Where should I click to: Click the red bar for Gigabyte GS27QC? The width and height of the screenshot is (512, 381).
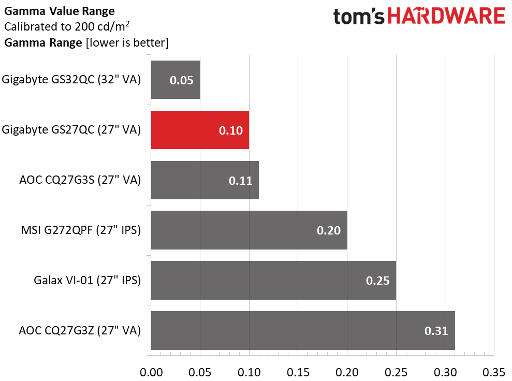tap(200, 130)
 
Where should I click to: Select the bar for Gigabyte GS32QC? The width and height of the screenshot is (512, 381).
tap(175, 80)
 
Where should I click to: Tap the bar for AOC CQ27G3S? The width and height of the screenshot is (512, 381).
tap(204, 180)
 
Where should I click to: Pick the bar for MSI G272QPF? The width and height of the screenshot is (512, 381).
tap(249, 230)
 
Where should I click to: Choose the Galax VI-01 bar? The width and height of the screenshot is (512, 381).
tap(274, 281)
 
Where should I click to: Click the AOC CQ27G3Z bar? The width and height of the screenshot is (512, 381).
tap(303, 330)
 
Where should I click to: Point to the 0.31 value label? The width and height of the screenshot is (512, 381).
tap(436, 331)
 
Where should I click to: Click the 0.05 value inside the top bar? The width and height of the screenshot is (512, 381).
tap(182, 80)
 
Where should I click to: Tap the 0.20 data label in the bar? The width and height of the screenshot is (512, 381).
tap(329, 230)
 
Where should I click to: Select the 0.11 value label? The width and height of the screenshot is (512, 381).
tap(240, 181)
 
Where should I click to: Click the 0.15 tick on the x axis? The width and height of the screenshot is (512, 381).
tap(298, 372)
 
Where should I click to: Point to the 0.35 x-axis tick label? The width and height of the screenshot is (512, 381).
tap(494, 372)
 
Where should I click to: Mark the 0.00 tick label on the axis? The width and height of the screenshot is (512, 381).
tap(151, 372)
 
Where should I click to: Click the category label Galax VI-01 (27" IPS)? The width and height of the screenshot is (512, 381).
tap(87, 280)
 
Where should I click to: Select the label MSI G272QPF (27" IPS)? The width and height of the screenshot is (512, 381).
tap(81, 230)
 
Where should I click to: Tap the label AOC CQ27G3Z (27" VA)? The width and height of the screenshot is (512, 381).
tap(80, 330)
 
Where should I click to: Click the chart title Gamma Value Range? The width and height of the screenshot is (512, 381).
tap(60, 11)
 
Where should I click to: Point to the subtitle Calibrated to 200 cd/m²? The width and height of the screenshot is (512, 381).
tap(67, 26)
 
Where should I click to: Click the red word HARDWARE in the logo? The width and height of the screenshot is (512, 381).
tap(446, 16)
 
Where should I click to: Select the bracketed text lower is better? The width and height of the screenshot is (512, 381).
tap(127, 43)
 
